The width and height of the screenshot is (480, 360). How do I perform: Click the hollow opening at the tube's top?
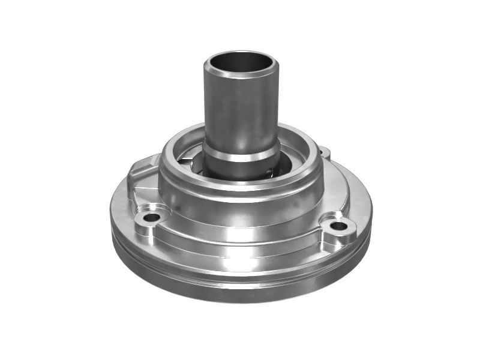[x=240, y=62]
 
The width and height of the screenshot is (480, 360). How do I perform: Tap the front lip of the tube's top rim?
[x=240, y=76]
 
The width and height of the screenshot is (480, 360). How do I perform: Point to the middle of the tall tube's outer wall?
[x=240, y=111]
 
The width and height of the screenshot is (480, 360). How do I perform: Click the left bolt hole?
[x=151, y=217]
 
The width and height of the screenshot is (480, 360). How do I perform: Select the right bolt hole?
[x=339, y=226]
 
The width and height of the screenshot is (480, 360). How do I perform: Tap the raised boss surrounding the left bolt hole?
[x=144, y=224]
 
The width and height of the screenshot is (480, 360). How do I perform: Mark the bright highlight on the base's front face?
[x=240, y=264]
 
